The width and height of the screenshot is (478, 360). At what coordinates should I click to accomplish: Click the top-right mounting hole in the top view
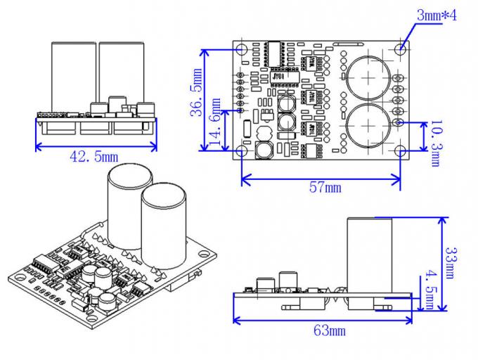pos(401,49)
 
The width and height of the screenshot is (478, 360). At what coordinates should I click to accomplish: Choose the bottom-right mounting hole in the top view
pos(401,150)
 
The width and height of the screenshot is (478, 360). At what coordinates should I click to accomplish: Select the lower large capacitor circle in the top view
pos(366,124)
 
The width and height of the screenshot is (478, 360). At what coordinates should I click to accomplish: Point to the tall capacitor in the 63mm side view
pos(368,254)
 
